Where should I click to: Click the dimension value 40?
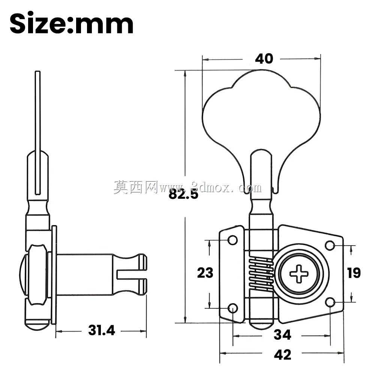pos(264,58)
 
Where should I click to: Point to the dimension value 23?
pos(205,273)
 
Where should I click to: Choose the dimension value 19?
pos(354,273)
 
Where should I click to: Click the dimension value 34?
pos(282,334)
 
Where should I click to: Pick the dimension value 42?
pos(282,355)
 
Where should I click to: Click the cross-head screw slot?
pos(299,274)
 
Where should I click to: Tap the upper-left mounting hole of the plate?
pos(232,240)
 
